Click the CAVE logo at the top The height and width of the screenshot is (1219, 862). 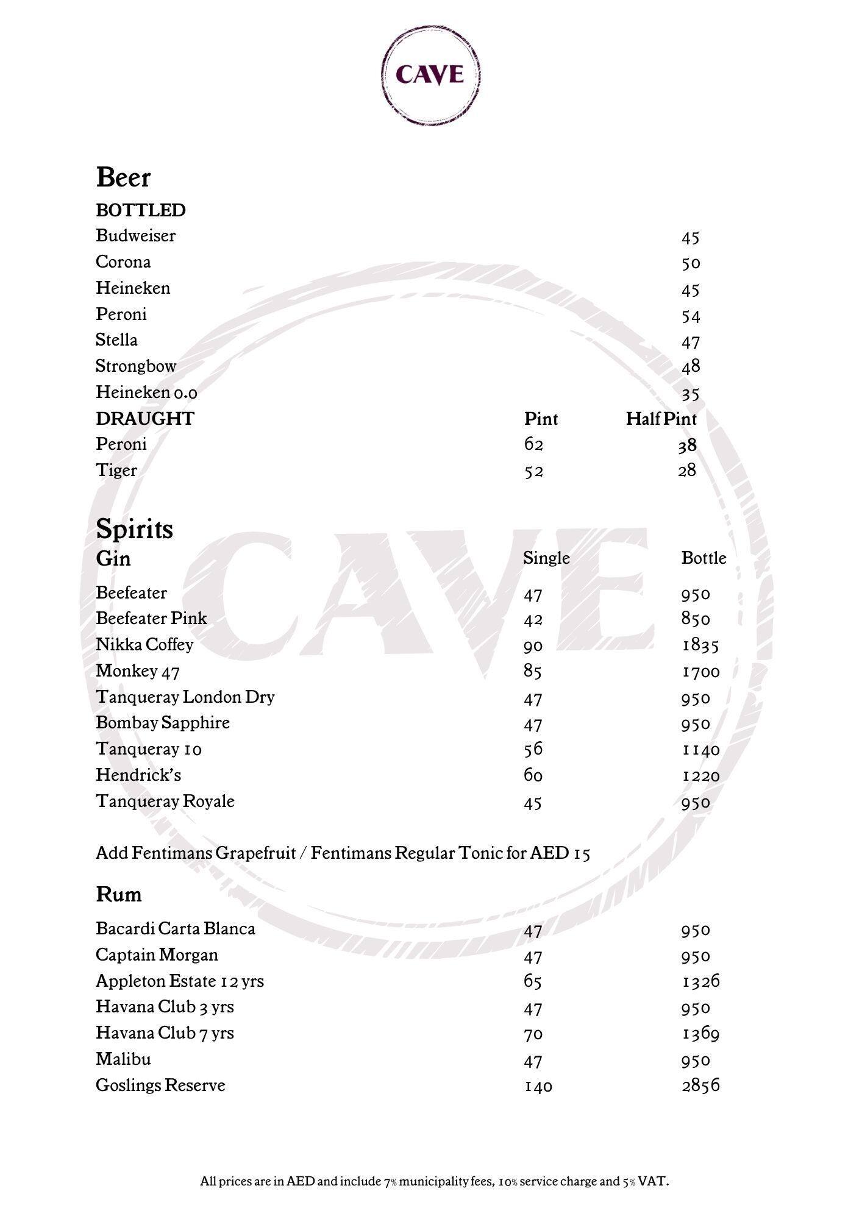point(430,74)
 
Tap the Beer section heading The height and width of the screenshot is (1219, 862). point(123,177)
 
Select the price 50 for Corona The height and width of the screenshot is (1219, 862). point(691,263)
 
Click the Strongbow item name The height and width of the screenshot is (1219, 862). point(136,366)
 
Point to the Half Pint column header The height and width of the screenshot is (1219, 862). point(661,419)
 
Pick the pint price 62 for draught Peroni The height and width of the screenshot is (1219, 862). point(533,444)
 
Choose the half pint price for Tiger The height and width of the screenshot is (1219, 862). point(687,471)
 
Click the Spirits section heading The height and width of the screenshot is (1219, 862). point(134,528)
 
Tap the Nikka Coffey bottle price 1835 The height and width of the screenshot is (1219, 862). point(700,645)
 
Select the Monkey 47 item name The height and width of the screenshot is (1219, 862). point(138,671)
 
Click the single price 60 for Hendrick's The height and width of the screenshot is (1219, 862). point(533,775)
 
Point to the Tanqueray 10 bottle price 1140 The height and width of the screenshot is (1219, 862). point(700,750)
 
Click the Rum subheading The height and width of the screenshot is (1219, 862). point(119,894)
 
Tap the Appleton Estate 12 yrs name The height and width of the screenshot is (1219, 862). point(180,981)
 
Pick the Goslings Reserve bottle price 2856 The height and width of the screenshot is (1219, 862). point(700,1086)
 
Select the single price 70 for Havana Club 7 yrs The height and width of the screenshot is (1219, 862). point(533,1034)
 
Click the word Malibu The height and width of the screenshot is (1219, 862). point(123,1059)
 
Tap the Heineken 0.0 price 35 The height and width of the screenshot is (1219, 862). point(691,394)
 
